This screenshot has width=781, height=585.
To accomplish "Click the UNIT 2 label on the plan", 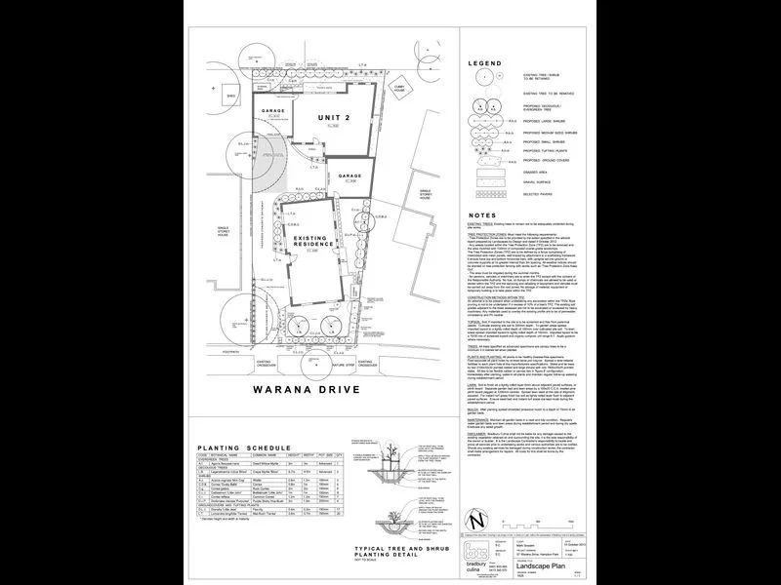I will pos(333,118).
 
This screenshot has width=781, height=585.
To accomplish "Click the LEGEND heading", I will pos(485,63).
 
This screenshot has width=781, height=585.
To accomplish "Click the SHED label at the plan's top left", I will pos(230,97).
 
